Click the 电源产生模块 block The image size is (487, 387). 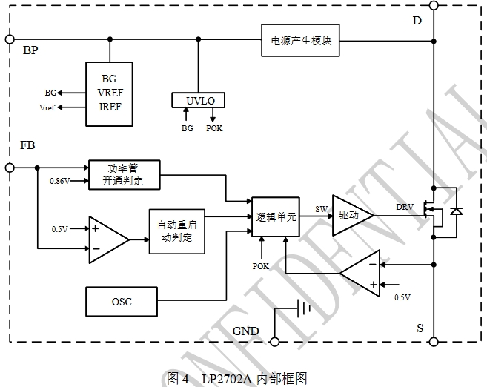coord(300,40)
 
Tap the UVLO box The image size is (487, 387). coord(197,99)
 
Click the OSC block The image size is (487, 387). coord(121,301)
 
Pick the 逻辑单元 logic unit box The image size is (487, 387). coord(276,216)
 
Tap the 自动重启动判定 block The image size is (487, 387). coord(176,230)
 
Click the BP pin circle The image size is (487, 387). coord(9,39)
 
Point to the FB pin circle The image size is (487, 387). coord(9,168)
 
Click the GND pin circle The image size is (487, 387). coord(274,342)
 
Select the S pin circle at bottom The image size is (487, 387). coord(433,342)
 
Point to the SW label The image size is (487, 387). coord(321,208)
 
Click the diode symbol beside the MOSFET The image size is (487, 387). coord(456,212)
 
